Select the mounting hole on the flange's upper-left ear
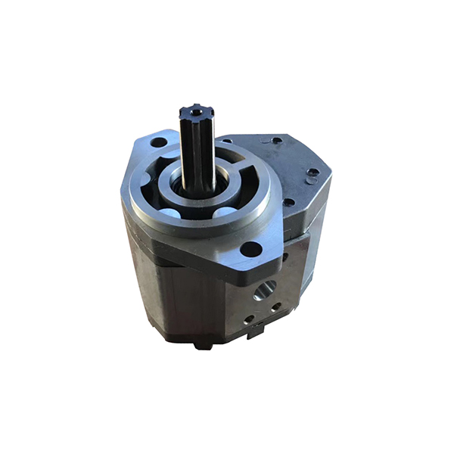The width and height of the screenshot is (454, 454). point(158,141)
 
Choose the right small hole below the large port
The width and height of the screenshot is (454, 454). point(275,306)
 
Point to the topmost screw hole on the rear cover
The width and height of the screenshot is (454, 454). point(277,140)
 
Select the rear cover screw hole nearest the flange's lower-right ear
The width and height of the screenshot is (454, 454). point(288,202)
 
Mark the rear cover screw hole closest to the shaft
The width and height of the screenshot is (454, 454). point(228,140)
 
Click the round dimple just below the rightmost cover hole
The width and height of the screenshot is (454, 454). point(310,182)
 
